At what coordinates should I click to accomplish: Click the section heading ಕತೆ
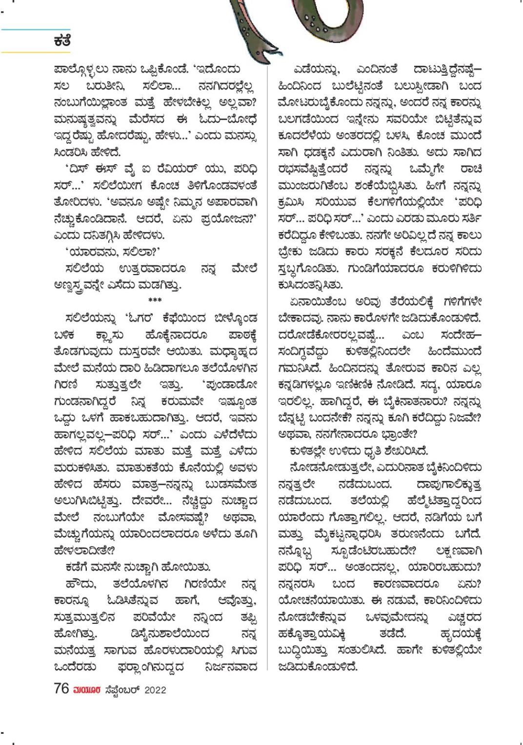(62, 41)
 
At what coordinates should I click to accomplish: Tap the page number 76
(61, 689)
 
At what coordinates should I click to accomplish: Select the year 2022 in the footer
(155, 690)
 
